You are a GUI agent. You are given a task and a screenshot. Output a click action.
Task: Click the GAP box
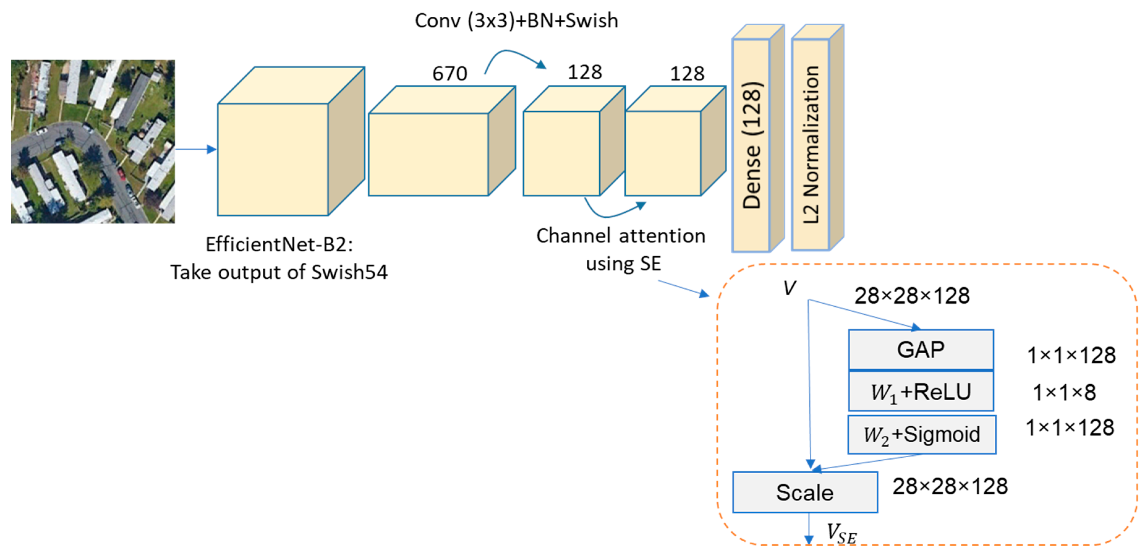coord(921,349)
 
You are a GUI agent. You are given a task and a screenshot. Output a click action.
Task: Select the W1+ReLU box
coord(921,392)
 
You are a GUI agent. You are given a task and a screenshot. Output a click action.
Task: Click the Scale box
coord(805,492)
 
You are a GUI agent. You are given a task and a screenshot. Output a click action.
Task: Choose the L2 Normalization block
coord(811,145)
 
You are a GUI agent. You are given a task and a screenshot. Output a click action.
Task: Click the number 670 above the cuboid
coord(450,74)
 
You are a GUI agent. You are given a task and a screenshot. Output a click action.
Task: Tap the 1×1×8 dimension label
coord(1064,393)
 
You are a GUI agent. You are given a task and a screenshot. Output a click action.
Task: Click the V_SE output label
coord(841,533)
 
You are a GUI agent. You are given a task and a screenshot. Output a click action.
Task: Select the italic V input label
coord(789,288)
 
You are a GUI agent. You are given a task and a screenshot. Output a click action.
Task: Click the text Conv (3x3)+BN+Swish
coord(516,20)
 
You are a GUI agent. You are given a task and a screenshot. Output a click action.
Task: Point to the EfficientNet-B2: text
coord(279,244)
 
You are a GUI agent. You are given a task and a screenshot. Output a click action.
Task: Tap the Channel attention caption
coord(620,236)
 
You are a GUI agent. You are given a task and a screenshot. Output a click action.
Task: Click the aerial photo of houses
coord(93,142)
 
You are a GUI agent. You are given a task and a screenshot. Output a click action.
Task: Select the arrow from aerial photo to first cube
coord(195,149)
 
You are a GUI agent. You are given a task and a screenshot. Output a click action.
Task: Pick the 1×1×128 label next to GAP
coord(1071,356)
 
